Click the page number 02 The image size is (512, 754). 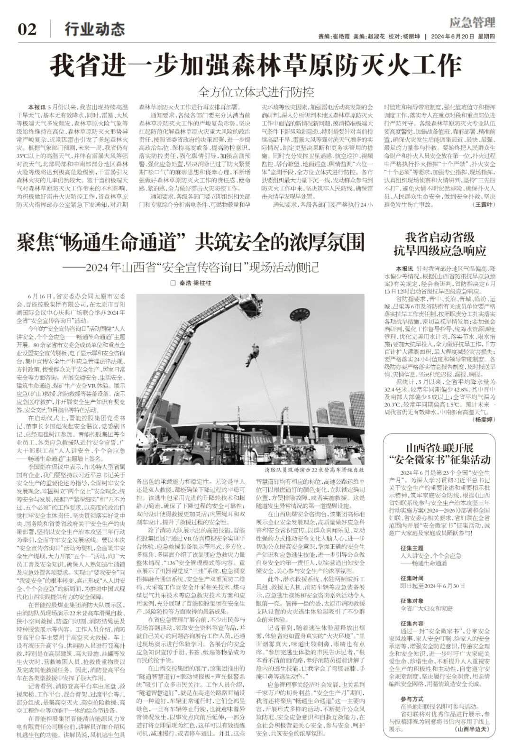click(x=27, y=29)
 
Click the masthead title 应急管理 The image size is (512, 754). click(x=472, y=22)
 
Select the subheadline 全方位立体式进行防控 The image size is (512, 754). click(x=256, y=92)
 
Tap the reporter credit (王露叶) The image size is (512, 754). click(x=484, y=204)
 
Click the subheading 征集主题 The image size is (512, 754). click(x=411, y=548)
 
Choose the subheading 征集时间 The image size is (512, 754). click(x=411, y=579)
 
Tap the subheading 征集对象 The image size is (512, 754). click(x=411, y=601)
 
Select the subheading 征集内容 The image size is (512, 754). click(x=411, y=623)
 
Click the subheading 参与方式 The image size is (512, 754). click(x=411, y=699)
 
